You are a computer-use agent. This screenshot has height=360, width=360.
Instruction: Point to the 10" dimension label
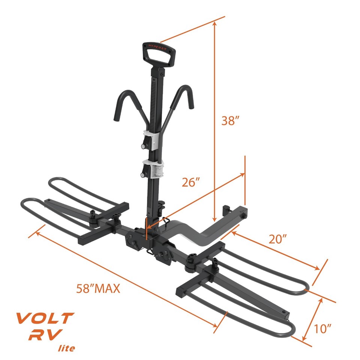pyautogui.click(x=322, y=329)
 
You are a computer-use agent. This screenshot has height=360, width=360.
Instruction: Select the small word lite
pyautogui.click(x=66, y=348)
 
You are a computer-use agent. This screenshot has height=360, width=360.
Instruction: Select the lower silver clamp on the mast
pyautogui.click(x=154, y=170)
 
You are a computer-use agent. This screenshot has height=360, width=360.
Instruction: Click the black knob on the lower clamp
pyautogui.click(x=144, y=174)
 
